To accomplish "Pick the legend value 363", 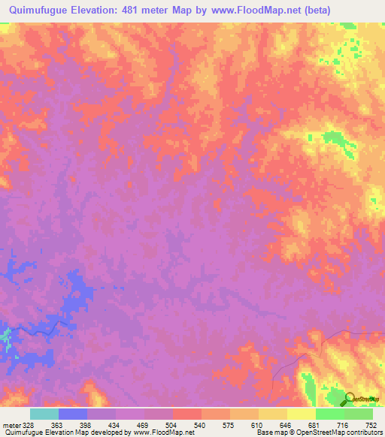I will [58, 425].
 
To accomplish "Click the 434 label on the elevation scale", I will [115, 425].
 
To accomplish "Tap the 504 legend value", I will [172, 425].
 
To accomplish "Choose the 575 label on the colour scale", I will [229, 425].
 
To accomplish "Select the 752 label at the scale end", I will [371, 425].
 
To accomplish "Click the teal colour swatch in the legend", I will [44, 414].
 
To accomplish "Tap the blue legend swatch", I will [73, 414].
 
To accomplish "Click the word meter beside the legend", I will [11, 425].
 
